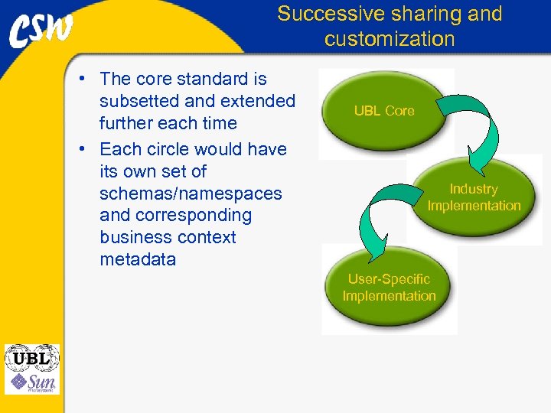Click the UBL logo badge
pyautogui.click(x=31, y=358)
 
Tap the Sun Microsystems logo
pyautogui.click(x=31, y=382)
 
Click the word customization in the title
pyautogui.click(x=390, y=39)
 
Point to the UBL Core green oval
pyautogui.click(x=383, y=111)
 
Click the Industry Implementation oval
pyautogui.click(x=473, y=197)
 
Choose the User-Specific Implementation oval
pyautogui.click(x=389, y=288)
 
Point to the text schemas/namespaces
pyautogui.click(x=191, y=193)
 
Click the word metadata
pyautogui.click(x=138, y=259)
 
